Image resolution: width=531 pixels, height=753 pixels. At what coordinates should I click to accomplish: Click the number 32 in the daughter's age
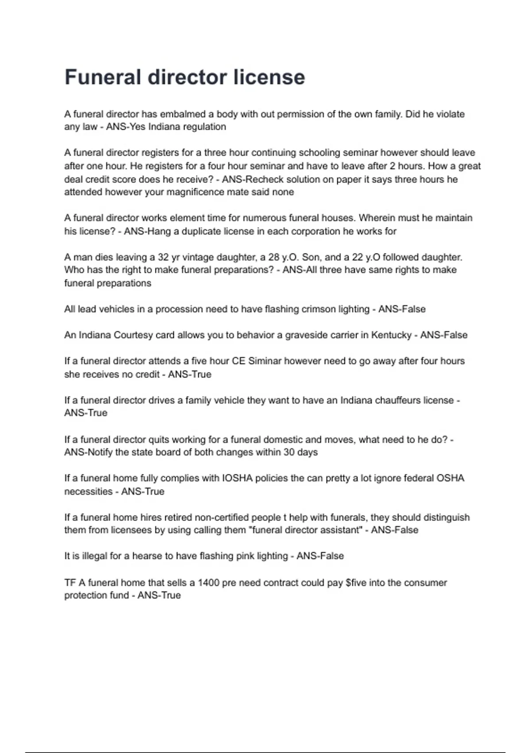(163, 257)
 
